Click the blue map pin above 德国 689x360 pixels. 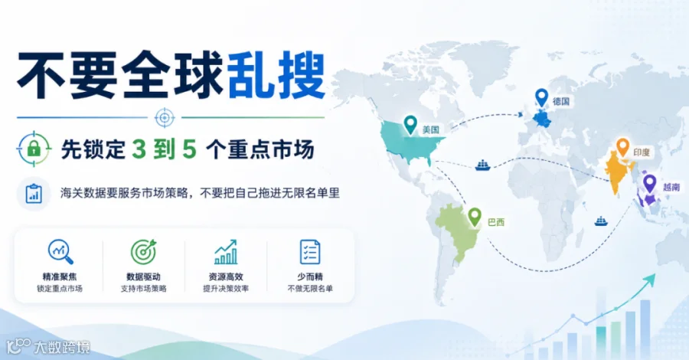click(541, 97)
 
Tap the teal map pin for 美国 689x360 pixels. click(410, 125)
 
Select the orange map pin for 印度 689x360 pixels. click(622, 147)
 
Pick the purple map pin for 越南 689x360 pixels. click(649, 184)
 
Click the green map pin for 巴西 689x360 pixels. click(475, 217)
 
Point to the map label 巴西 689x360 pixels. click(496, 222)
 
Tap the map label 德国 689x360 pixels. click(561, 102)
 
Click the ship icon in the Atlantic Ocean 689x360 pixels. click(482, 165)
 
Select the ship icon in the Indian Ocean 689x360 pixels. click(601, 221)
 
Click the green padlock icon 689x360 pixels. click(34, 149)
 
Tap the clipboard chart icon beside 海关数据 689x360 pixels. click(34, 194)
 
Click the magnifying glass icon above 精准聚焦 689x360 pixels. click(60, 251)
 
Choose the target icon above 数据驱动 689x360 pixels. click(144, 251)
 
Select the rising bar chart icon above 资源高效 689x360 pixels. click(226, 251)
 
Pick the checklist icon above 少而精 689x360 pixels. click(310, 252)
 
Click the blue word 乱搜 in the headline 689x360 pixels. click(276, 75)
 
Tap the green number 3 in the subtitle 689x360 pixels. click(139, 149)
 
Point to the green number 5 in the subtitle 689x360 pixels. click(189, 149)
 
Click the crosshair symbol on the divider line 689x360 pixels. click(165, 117)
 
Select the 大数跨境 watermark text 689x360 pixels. click(61, 347)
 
